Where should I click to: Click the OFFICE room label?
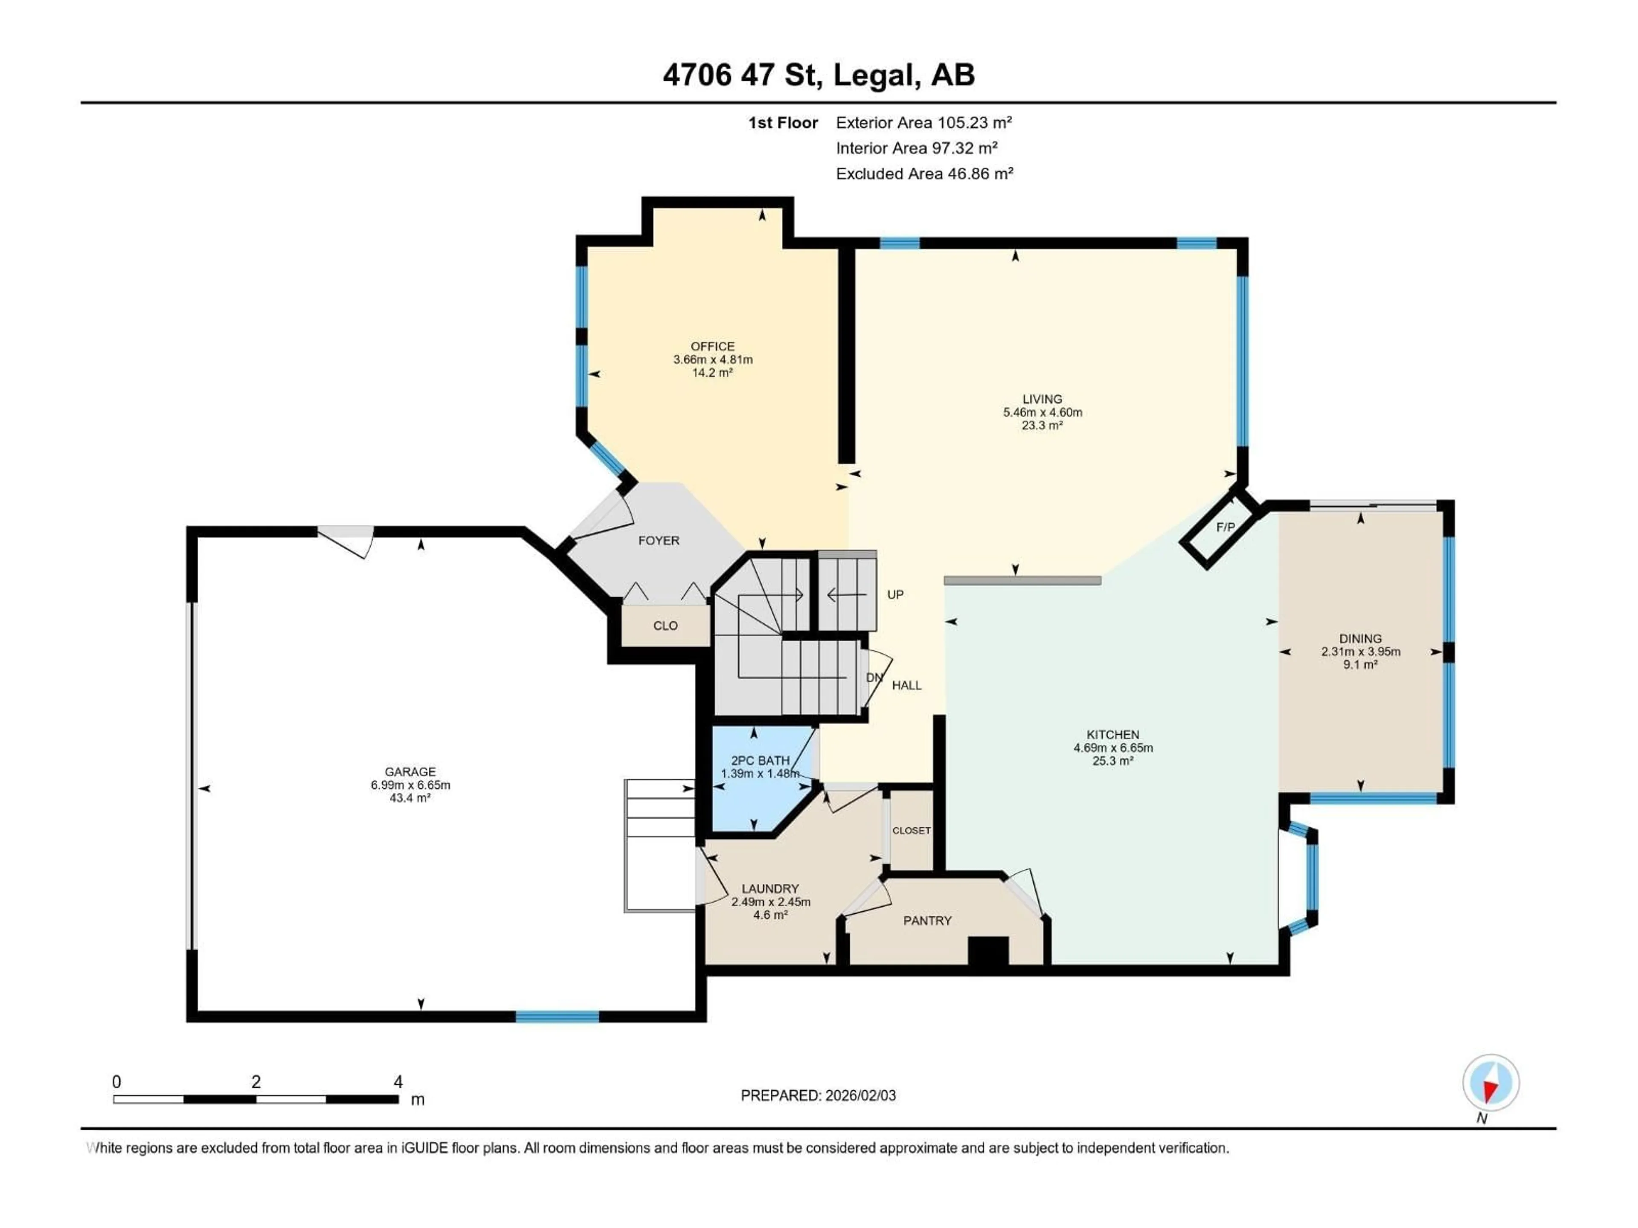point(712,346)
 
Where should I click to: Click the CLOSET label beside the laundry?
point(911,831)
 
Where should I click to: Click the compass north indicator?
point(1491,1083)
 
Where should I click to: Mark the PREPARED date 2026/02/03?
point(818,1095)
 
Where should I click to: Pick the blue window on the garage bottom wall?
point(557,1017)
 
